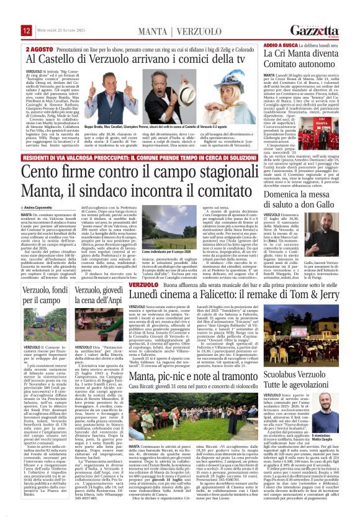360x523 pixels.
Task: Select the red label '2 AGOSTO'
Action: pos(38,47)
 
